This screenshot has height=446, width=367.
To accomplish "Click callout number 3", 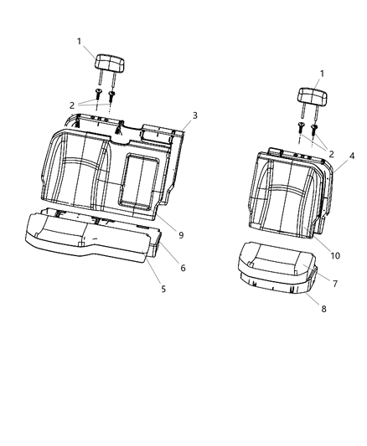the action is click(194, 115).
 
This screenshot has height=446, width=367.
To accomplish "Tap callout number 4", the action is click(352, 156).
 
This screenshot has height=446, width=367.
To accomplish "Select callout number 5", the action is click(163, 289).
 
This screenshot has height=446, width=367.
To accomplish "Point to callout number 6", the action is click(183, 268).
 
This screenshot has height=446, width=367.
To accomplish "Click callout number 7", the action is click(335, 284).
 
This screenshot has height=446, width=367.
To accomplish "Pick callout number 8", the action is click(323, 309).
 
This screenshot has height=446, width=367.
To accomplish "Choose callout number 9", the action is click(181, 235).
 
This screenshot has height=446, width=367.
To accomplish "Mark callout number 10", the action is click(335, 256).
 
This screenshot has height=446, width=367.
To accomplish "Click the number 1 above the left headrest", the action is click(79, 42).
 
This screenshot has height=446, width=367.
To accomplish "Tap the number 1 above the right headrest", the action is click(322, 74).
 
